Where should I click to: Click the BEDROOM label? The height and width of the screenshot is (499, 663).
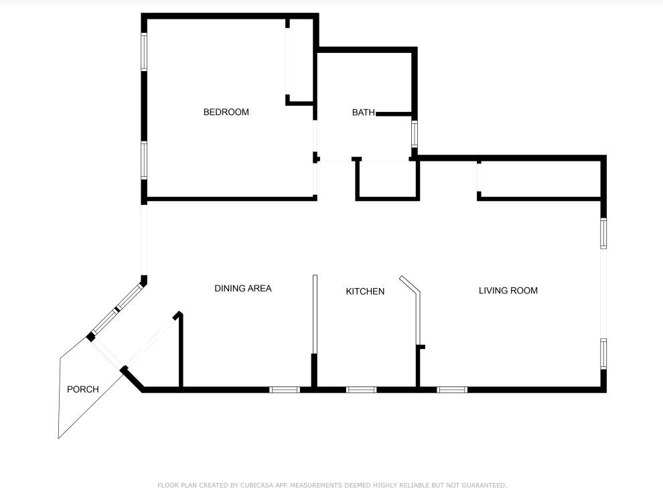[226, 112]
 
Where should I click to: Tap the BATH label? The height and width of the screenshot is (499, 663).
[364, 112]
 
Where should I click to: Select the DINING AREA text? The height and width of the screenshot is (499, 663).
[243, 289]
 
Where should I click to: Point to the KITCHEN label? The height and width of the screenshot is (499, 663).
[366, 291]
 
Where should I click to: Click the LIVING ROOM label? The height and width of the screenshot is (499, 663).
[508, 291]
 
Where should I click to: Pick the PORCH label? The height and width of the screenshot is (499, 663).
[83, 389]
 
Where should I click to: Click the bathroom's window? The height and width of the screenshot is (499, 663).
[415, 134]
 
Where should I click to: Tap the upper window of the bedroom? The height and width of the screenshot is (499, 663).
[144, 52]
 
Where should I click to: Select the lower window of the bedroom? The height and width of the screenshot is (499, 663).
[144, 160]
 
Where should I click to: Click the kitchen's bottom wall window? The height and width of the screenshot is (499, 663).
[361, 389]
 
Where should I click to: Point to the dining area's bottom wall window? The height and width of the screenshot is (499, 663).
[285, 389]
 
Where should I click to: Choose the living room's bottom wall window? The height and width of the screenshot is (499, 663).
[452, 389]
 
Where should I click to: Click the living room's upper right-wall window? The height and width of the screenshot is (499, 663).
[603, 233]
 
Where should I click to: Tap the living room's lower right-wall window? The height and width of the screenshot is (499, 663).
[603, 354]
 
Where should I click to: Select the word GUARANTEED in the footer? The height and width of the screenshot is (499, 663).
[484, 485]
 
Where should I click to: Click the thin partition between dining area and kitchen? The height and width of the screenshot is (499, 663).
[315, 314]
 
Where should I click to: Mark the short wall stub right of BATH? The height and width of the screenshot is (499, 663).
[394, 114]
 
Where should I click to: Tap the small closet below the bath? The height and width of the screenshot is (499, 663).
[388, 179]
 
